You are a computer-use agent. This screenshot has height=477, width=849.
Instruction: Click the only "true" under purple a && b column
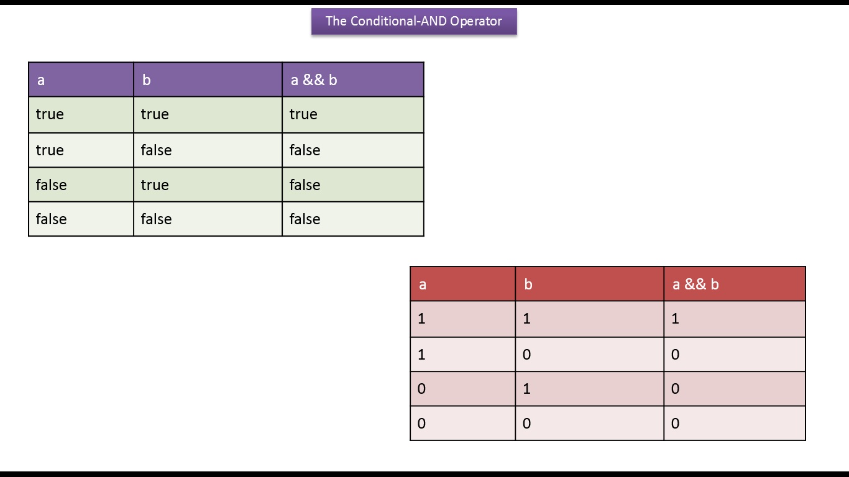click(303, 114)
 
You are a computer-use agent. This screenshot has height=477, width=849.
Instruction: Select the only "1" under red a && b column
click(675, 319)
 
